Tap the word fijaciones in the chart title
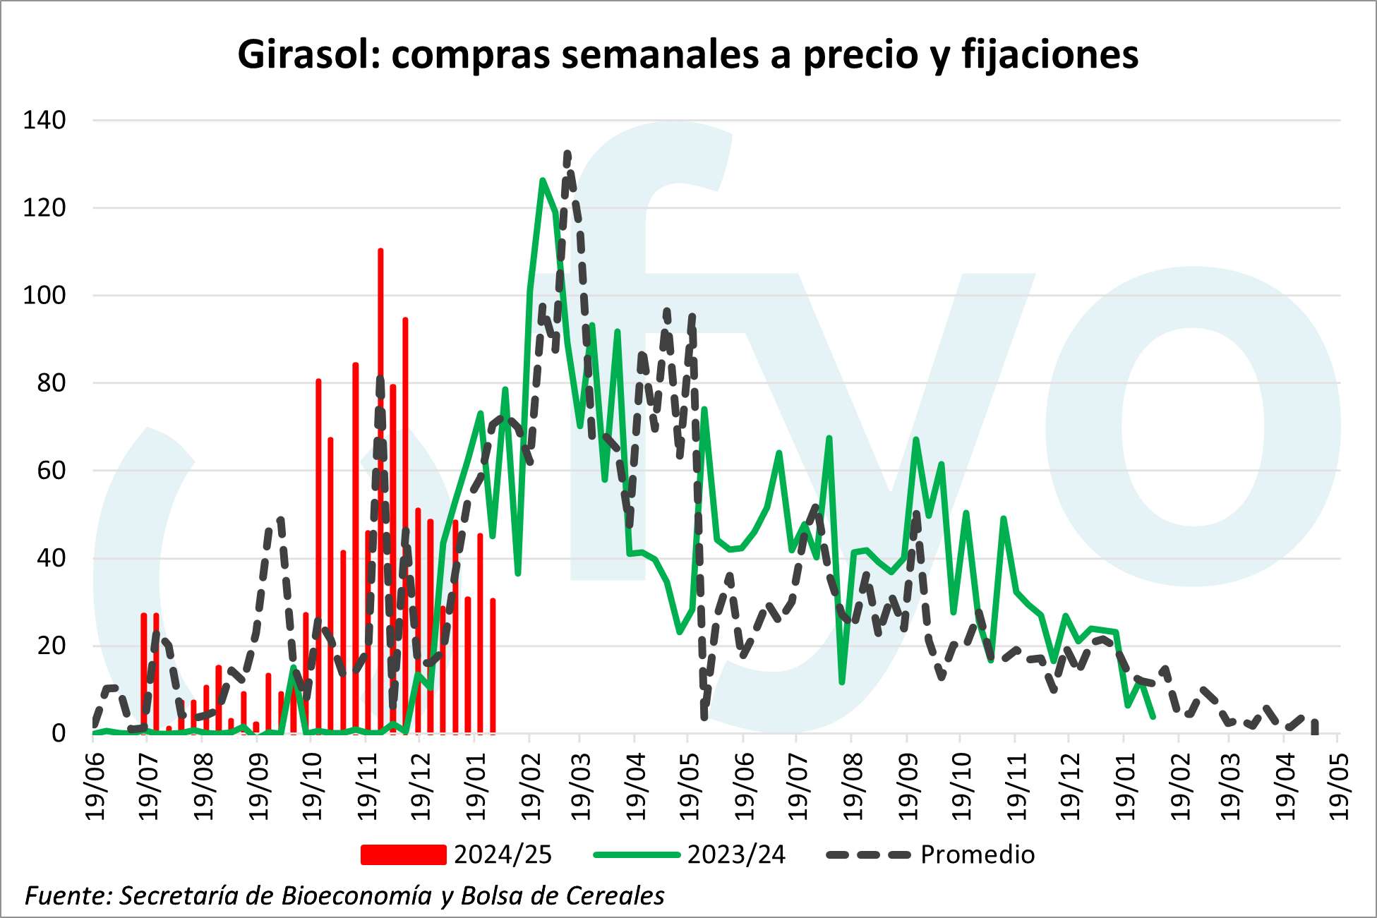pos(1050,54)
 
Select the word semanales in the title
pos(661,54)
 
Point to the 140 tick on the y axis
pos(44,121)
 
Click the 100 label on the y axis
pos(44,296)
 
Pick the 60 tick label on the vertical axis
pos(52,471)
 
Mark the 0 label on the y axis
pos(59,734)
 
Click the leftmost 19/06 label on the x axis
pos(95,786)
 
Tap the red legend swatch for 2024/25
pos(403,854)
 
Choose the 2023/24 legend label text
pos(736,854)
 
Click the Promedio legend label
pos(978,854)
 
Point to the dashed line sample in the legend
pos(869,854)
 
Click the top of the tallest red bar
pos(380,250)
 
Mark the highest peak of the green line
pos(542,181)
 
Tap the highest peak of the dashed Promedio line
pos(567,153)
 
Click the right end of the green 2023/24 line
pos(1153,717)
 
